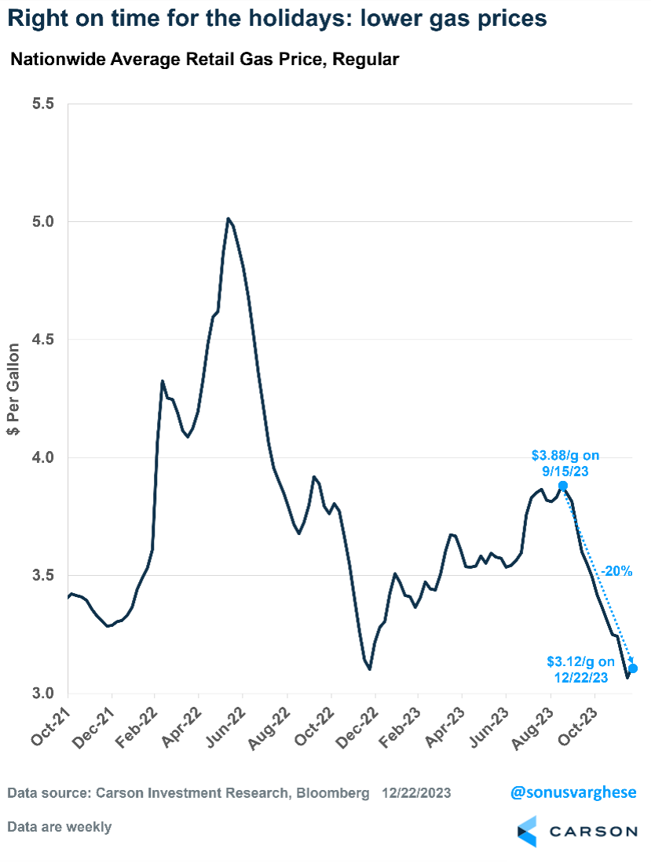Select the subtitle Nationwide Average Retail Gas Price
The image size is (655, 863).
point(205,60)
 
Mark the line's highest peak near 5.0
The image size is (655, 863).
point(228,219)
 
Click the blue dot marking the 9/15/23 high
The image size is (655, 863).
point(563,486)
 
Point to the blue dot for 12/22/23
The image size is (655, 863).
point(633,668)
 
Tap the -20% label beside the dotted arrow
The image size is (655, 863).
point(617,572)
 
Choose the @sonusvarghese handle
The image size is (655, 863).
point(573,794)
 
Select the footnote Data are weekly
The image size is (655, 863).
point(59,827)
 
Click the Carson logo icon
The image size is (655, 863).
point(526,831)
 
